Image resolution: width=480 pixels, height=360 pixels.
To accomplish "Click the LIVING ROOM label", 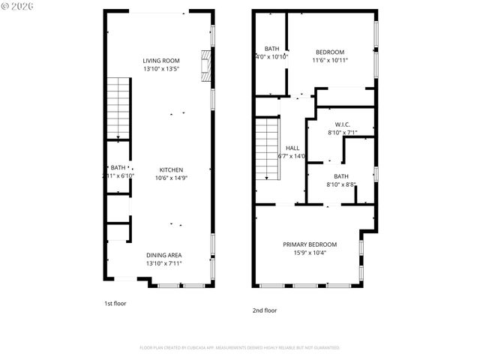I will click(x=161, y=61).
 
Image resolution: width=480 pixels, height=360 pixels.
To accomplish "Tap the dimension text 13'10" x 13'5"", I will click(x=161, y=69).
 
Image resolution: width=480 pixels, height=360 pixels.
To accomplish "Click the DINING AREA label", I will click(x=163, y=255).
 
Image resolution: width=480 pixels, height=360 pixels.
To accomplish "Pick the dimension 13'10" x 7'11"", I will click(x=163, y=263).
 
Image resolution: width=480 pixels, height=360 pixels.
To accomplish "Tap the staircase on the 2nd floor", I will click(x=268, y=150).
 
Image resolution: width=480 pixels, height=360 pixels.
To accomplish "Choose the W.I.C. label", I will click(x=342, y=124).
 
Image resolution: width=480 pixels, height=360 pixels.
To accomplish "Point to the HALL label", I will click(x=292, y=148).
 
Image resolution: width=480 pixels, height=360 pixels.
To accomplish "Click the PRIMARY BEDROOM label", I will click(x=309, y=244).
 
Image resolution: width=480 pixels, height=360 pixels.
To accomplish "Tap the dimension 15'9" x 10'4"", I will click(x=309, y=253).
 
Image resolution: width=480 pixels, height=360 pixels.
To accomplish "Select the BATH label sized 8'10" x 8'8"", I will click(x=341, y=176).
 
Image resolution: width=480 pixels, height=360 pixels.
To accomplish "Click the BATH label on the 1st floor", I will click(x=118, y=167).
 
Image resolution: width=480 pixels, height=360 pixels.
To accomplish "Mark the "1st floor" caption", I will click(x=115, y=304).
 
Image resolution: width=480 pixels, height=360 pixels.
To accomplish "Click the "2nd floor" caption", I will click(x=264, y=310).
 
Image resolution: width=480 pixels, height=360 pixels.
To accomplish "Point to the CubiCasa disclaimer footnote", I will click(x=239, y=348).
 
